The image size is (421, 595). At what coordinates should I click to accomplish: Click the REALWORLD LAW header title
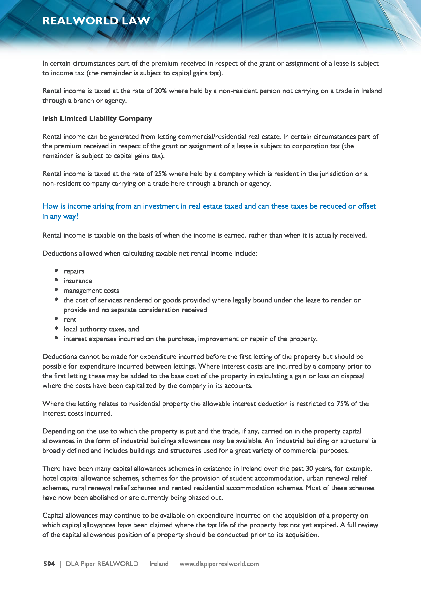coord(96,21)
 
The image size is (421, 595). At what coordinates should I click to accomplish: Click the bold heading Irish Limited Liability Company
coord(97,119)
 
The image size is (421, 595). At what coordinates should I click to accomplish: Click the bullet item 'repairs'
coord(74,271)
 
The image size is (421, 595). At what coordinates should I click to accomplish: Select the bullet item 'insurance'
coord(78,281)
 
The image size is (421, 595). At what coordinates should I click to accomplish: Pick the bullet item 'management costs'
coord(91,291)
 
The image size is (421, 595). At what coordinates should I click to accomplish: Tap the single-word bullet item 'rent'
coord(70,320)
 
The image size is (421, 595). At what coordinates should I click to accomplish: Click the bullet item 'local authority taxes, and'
coord(101,329)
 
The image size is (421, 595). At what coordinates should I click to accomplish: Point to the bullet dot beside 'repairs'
coord(56,270)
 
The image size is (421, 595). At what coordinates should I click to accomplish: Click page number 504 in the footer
coord(49,564)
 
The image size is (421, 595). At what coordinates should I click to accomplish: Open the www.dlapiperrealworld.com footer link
coord(219,564)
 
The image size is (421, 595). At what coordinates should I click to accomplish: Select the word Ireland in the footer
coord(159,564)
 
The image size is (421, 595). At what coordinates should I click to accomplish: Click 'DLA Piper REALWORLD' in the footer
coord(102,564)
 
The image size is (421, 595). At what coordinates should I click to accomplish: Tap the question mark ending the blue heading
coord(77,216)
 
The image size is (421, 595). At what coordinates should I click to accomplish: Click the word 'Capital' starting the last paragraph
coord(53,515)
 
